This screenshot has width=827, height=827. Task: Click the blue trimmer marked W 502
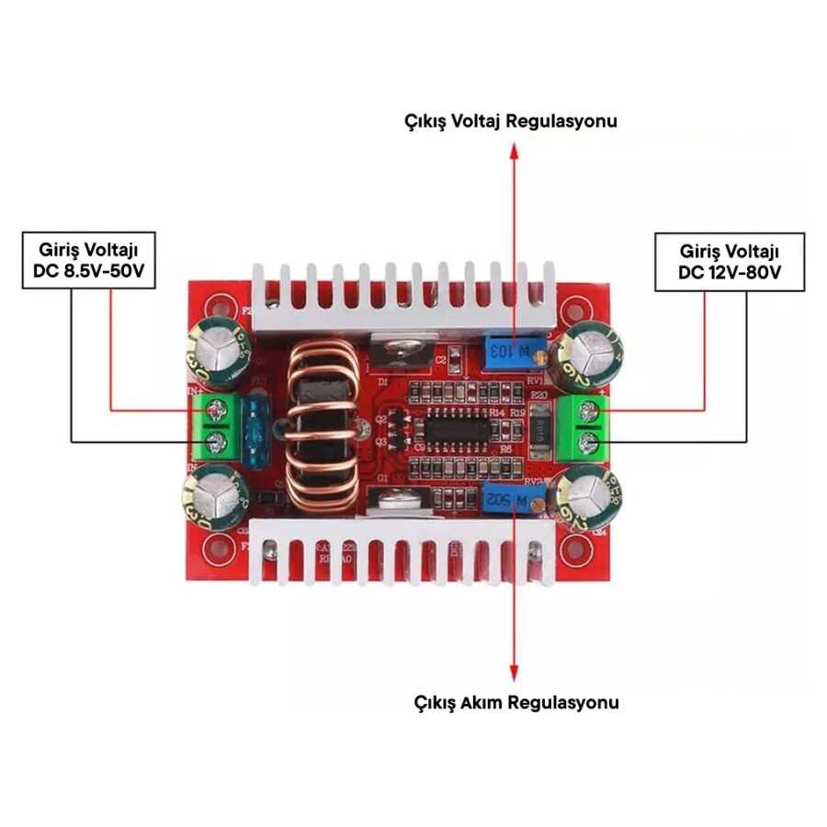click(510, 501)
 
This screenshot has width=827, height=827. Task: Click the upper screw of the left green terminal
click(219, 410)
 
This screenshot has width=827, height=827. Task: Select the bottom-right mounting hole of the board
click(574, 549)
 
